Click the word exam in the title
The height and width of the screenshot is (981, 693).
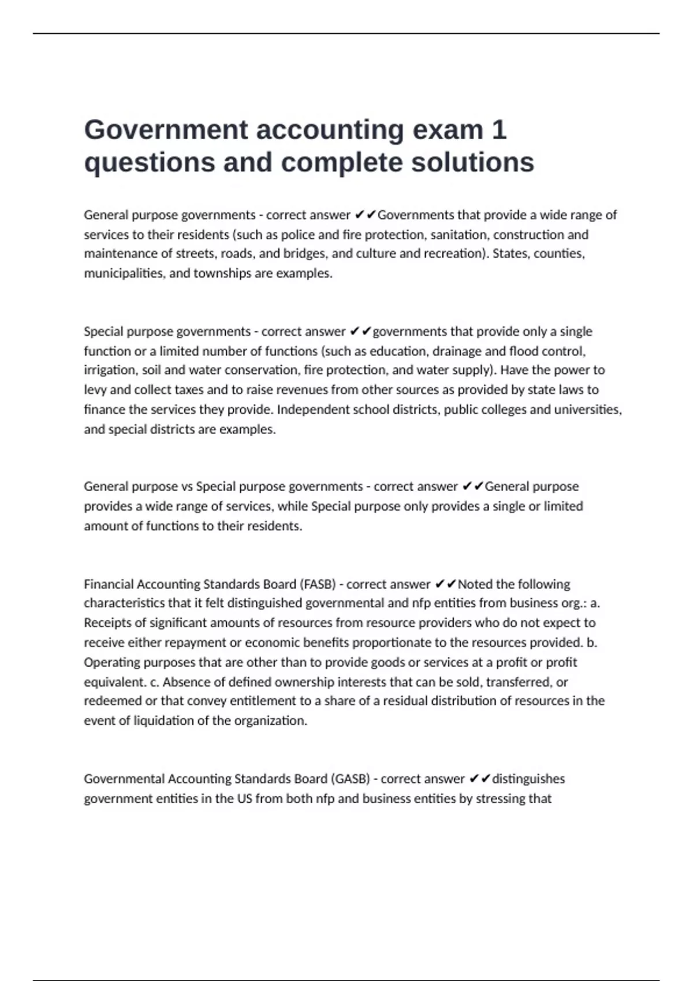click(x=448, y=130)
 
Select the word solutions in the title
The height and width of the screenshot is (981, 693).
click(x=472, y=162)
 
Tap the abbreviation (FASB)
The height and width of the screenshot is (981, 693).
click(x=318, y=585)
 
